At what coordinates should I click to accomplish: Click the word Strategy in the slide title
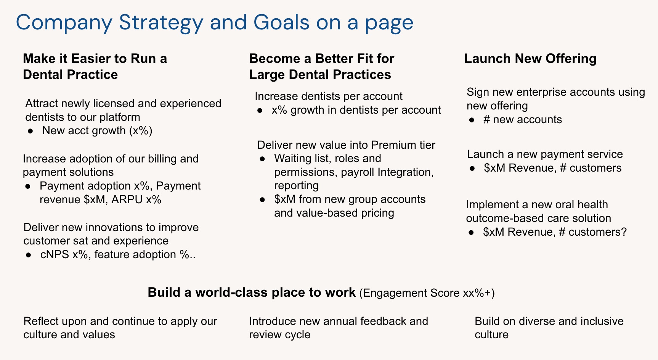point(161,22)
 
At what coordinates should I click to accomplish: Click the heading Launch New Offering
point(530,59)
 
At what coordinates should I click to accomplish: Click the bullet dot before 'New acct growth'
point(30,131)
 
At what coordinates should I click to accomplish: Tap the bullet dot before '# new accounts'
point(472,120)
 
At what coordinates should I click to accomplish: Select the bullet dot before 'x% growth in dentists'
point(259,111)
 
